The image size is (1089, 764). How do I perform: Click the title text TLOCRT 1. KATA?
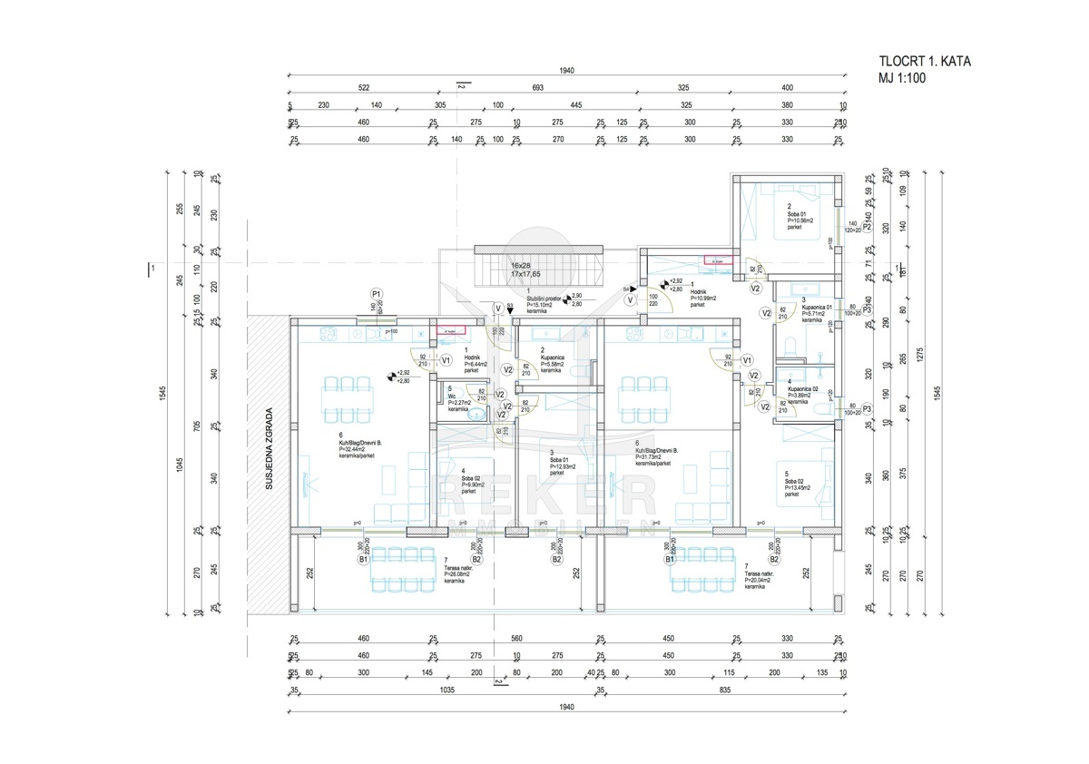coord(912,62)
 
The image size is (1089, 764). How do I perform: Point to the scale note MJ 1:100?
coord(902,78)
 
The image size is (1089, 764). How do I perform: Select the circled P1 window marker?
coord(376,293)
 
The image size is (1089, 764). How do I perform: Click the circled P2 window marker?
coord(867,226)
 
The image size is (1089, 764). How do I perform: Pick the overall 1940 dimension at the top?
coord(570,72)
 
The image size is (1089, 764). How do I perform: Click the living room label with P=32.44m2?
coord(361,449)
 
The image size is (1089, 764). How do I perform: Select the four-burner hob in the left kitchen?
coord(372,336)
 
